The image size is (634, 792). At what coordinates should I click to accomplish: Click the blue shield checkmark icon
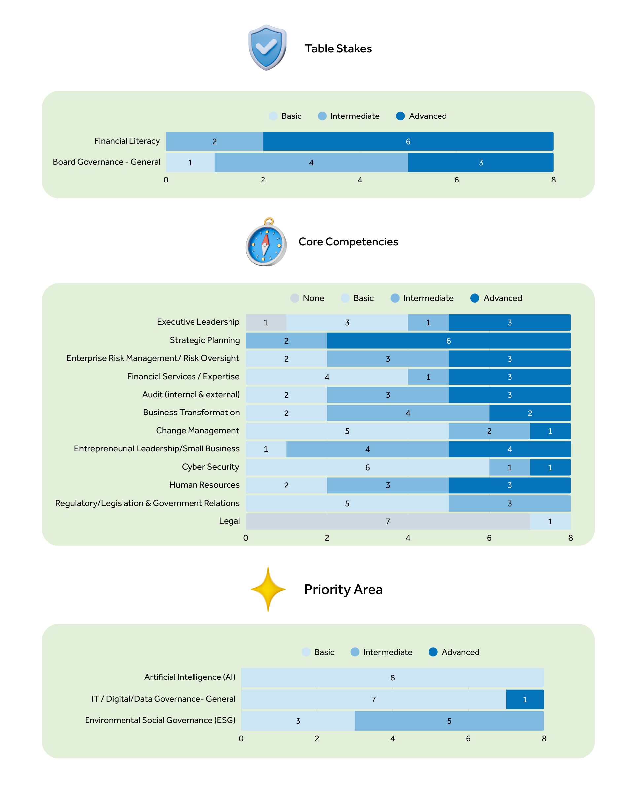[267, 47]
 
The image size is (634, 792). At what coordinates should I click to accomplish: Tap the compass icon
[266, 243]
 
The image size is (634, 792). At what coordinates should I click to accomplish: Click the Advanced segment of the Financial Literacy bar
[408, 142]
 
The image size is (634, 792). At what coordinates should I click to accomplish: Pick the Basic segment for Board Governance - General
[190, 162]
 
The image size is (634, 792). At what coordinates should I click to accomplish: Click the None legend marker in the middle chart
[295, 298]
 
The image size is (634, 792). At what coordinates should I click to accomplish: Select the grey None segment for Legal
[387, 521]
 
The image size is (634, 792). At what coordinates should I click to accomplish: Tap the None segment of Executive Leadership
[266, 322]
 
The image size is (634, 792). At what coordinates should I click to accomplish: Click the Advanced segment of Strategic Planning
[448, 341]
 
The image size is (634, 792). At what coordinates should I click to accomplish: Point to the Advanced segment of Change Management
[550, 431]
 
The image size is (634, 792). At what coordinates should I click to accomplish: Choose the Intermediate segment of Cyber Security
[510, 467]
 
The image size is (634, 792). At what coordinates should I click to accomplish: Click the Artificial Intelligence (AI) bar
[392, 677]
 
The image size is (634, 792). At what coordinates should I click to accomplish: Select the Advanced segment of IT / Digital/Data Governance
[524, 699]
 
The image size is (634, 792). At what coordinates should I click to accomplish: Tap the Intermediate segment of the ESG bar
[449, 721]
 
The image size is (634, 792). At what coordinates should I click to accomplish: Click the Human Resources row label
[204, 485]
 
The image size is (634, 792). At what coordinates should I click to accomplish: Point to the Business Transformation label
[191, 412]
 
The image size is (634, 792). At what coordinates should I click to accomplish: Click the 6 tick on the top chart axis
[456, 180]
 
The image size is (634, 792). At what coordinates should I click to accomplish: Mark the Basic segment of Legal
[550, 521]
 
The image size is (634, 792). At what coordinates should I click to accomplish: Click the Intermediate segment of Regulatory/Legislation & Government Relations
[510, 503]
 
